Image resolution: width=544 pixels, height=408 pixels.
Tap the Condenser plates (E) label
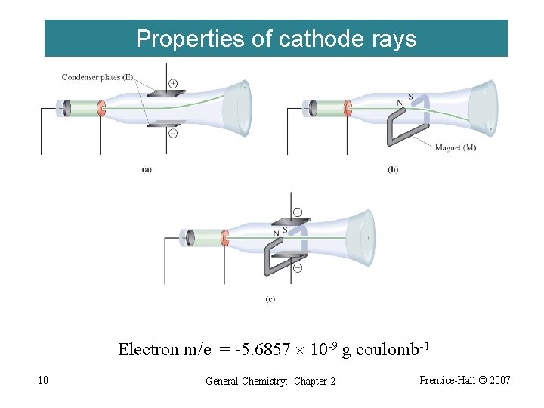[x=97, y=76]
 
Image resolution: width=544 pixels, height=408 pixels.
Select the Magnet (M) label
[x=456, y=147]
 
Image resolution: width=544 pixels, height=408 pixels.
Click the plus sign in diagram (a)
[x=173, y=82]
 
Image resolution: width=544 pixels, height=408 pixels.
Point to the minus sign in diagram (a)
[x=173, y=133]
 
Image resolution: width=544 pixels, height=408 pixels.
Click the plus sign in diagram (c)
[x=297, y=212]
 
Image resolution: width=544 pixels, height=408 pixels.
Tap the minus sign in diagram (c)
[x=297, y=267]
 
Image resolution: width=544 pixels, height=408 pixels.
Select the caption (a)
[x=146, y=170]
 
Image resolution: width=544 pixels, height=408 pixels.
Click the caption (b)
[x=393, y=170]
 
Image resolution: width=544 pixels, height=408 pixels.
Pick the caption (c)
[x=270, y=300]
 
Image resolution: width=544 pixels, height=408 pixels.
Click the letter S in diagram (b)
[x=410, y=96]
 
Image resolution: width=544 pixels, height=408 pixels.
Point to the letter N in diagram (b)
[x=399, y=103]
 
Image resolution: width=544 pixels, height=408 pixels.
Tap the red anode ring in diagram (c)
[x=224, y=239]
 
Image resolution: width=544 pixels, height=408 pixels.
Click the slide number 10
[x=43, y=380]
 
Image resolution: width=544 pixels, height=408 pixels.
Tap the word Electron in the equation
[x=148, y=350]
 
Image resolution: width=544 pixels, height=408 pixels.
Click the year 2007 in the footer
[x=499, y=379]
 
